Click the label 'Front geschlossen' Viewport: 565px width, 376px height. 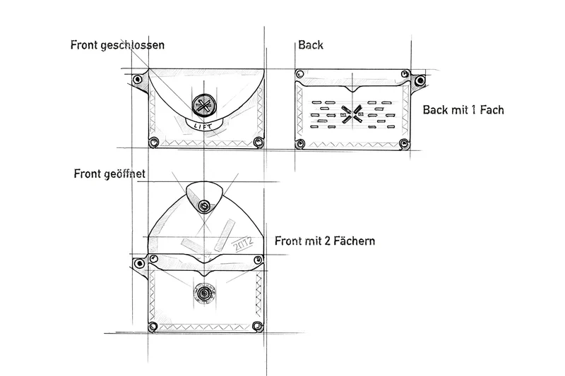point(117,45)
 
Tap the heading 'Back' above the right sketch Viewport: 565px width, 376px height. point(311,45)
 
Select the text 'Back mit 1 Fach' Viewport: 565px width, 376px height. point(463,110)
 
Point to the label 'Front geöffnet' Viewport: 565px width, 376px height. point(109,174)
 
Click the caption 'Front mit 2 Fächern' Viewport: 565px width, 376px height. point(325,241)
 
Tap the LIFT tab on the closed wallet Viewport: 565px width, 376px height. point(204,126)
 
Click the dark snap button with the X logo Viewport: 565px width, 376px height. point(203,106)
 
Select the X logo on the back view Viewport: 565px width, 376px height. point(352,114)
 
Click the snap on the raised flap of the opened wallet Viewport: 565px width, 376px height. point(204,206)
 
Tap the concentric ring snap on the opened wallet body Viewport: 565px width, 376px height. point(204,293)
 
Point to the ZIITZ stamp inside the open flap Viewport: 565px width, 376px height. point(243,245)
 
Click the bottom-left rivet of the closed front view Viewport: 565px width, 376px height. point(153,142)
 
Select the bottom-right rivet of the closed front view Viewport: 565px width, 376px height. point(258,142)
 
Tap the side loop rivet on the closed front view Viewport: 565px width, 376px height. point(137,80)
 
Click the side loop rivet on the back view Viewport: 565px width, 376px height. point(420,81)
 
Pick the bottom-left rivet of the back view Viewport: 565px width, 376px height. point(299,145)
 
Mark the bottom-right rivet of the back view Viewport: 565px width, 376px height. point(405,144)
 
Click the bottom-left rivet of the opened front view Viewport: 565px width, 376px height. point(153,327)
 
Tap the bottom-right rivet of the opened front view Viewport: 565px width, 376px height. point(257,327)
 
